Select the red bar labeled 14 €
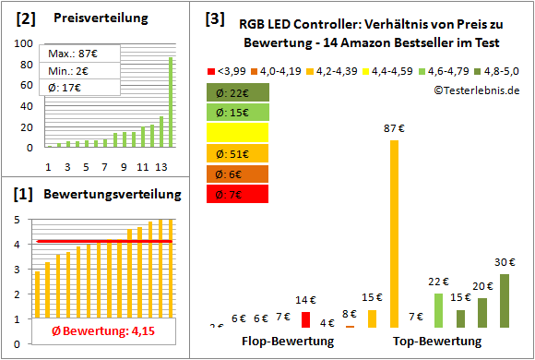(x=305, y=319)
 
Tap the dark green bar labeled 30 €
(x=504, y=301)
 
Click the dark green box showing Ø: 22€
(x=238, y=92)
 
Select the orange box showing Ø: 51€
(x=238, y=153)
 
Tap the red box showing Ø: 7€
(x=238, y=194)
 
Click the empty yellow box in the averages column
(x=238, y=133)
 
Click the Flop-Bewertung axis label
(x=288, y=342)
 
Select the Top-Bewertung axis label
(x=437, y=342)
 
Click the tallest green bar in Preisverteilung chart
(x=171, y=102)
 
